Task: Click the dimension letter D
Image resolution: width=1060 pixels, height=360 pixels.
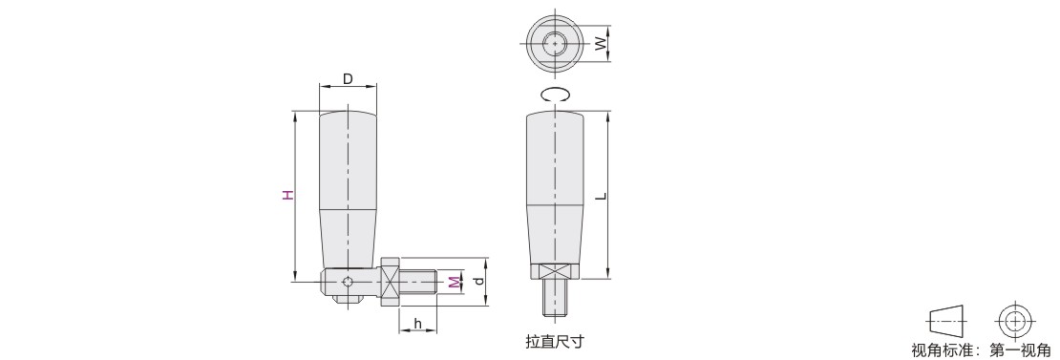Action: click(x=348, y=79)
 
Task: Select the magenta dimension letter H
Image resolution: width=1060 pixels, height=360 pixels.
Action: click(x=288, y=195)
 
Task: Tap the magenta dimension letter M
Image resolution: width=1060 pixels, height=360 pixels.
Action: click(x=453, y=282)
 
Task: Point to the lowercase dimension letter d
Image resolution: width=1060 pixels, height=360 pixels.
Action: click(x=479, y=281)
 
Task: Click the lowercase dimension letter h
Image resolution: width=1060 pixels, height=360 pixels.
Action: click(x=417, y=325)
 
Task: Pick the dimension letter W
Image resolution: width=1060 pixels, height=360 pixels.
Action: click(x=600, y=44)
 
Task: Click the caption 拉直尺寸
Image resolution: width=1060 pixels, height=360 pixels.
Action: click(x=554, y=341)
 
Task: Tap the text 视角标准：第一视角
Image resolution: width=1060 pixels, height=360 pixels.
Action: click(x=981, y=349)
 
